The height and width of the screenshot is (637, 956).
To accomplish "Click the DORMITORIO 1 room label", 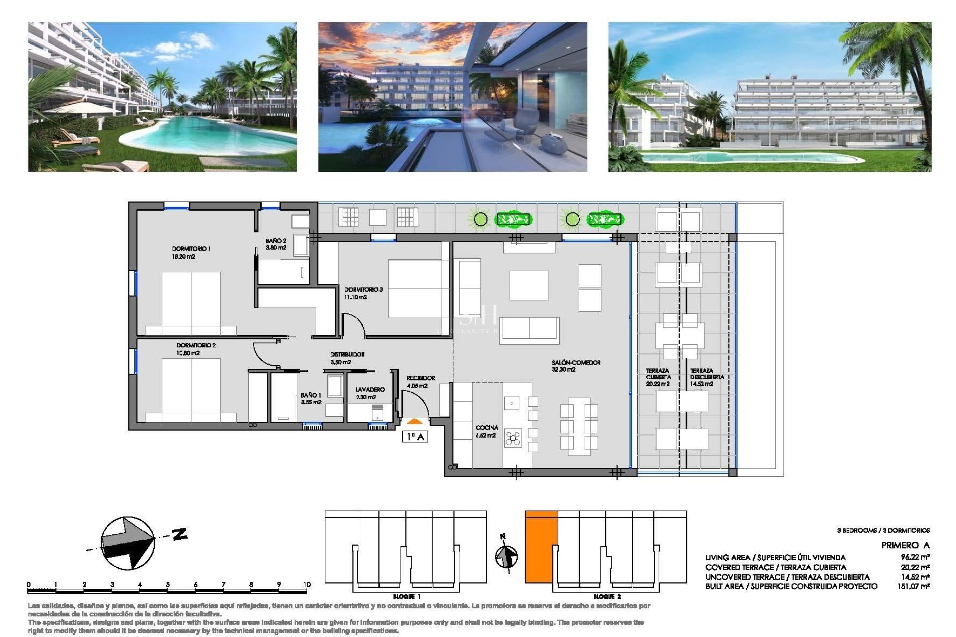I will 191,249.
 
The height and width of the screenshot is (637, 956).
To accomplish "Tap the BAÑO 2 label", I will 276,241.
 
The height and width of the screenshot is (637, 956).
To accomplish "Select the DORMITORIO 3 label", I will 363,290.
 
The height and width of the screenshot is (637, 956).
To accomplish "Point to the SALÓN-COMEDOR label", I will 576,363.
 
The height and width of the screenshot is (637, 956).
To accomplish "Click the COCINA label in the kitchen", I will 486,428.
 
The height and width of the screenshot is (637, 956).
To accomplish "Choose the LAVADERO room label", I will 370,390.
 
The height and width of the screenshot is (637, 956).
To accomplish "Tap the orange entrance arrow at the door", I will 415,422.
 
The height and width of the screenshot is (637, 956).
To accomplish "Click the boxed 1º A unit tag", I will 415,437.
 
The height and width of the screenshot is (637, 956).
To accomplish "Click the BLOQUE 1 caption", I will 406,596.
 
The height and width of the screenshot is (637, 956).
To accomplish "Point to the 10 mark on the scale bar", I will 307,585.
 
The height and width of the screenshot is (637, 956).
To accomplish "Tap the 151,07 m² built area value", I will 913,586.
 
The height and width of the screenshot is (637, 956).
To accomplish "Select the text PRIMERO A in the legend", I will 905,545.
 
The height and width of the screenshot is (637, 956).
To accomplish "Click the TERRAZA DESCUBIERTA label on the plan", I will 706,374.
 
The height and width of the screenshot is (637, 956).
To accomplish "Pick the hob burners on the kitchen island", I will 513,438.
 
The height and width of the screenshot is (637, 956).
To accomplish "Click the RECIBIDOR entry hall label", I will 420,378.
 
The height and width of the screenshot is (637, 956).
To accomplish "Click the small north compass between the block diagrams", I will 506,556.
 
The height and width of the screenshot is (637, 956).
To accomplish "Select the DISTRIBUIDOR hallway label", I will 347,355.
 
